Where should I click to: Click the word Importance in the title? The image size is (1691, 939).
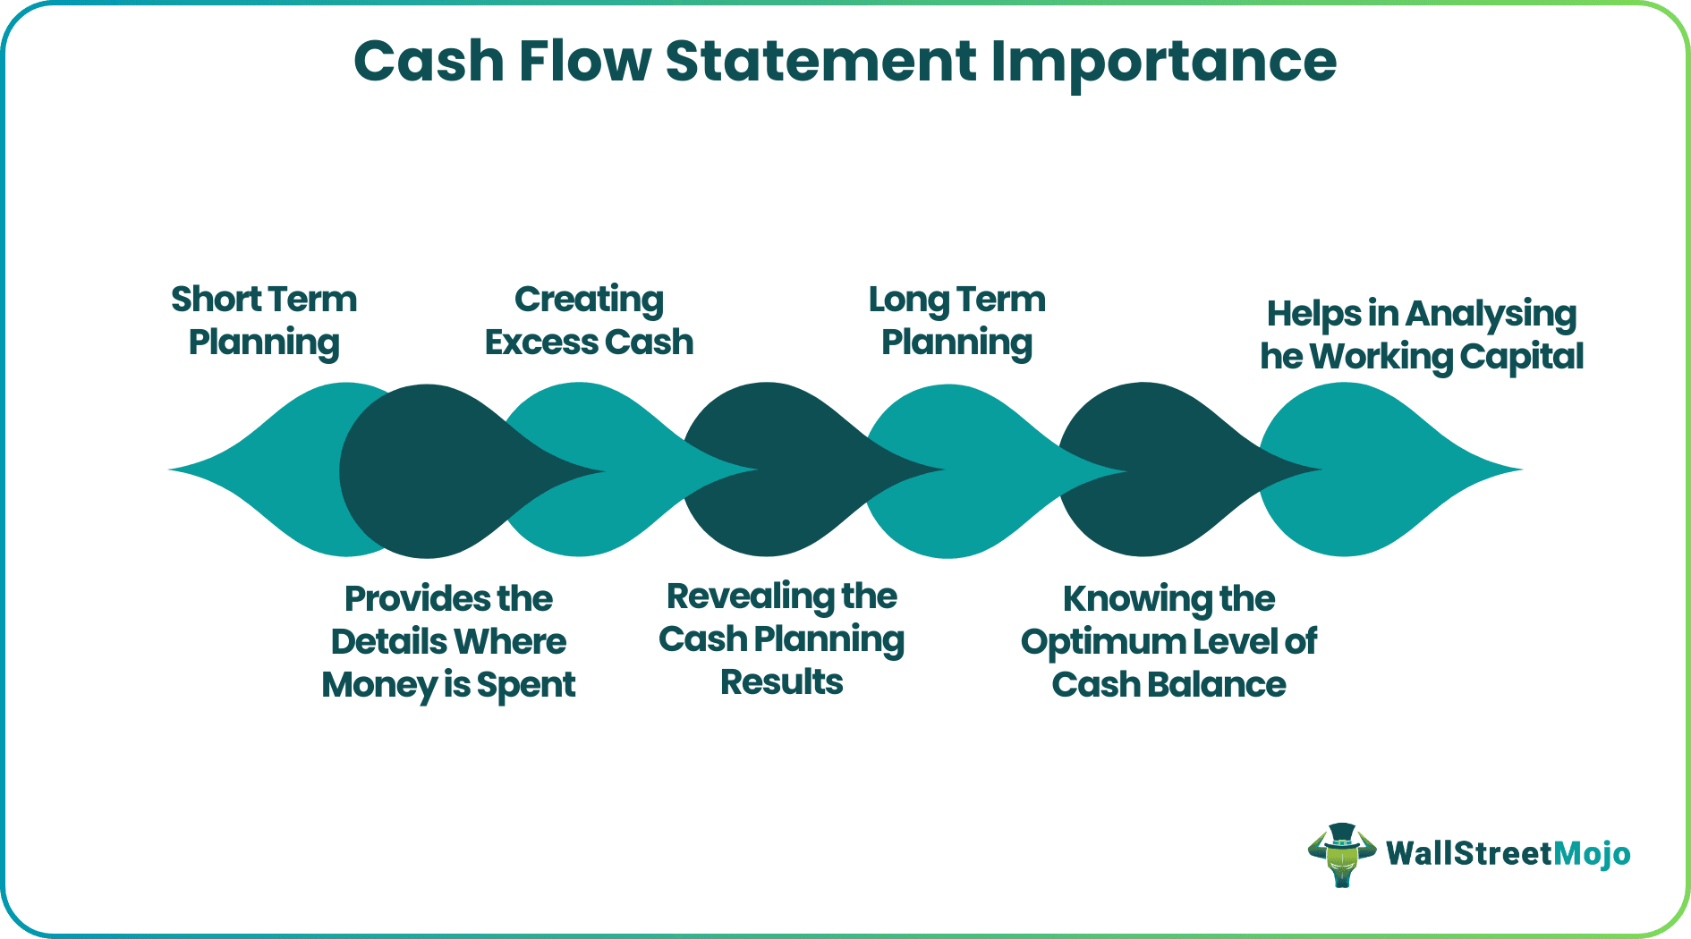tap(1163, 63)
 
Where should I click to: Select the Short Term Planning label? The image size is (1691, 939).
tap(264, 320)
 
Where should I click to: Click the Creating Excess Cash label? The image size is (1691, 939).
tap(589, 320)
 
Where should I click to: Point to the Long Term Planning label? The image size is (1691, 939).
tap(956, 320)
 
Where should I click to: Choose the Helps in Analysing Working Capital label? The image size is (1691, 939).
tap(1422, 334)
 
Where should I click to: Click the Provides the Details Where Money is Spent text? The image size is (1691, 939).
tap(448, 641)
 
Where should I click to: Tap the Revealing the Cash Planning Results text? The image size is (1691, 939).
tap(781, 639)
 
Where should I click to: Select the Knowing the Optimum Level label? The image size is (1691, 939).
tap(1168, 641)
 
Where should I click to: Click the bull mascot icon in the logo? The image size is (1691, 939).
tap(1341, 855)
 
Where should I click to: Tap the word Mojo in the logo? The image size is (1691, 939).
tap(1592, 854)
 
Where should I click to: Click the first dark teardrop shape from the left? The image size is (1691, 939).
tap(429, 471)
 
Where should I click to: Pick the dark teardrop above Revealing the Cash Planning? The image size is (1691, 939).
tap(769, 469)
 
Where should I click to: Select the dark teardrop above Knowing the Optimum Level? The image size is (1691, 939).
tap(1145, 469)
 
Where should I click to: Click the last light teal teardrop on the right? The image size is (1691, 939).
tap(1351, 469)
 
